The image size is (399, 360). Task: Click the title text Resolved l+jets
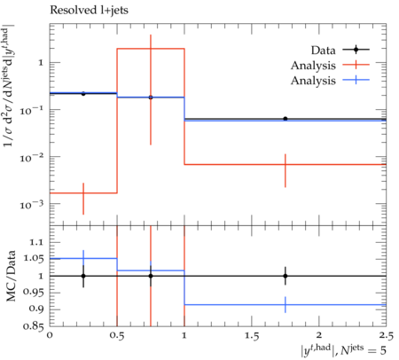(89, 11)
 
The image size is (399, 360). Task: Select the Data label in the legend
(323, 51)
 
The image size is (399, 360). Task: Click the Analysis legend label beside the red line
(313, 66)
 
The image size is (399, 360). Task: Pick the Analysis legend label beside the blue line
(313, 81)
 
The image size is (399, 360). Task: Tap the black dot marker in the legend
(356, 50)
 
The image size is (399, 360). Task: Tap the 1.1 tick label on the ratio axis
(36, 243)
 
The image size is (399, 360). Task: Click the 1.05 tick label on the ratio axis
(33, 259)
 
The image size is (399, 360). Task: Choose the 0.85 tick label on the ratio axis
(33, 326)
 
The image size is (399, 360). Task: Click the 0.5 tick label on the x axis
(117, 335)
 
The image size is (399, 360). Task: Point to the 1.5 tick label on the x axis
(252, 335)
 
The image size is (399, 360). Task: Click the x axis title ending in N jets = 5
(343, 350)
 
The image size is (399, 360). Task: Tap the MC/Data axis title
(11, 276)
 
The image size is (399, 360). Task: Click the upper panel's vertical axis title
(10, 87)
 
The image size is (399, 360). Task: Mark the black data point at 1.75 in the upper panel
(286, 119)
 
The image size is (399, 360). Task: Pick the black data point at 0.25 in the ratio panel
(83, 276)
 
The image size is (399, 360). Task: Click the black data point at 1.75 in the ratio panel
(286, 276)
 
